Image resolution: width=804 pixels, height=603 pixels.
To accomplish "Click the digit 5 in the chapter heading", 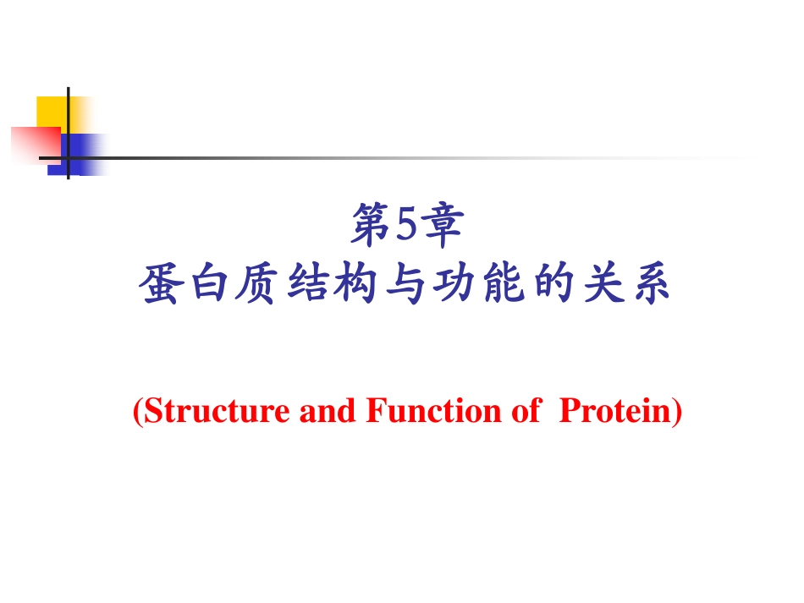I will point(403,226).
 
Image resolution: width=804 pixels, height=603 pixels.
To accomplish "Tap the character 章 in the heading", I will point(441,226).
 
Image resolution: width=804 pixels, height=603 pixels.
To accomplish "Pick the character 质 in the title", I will point(257,284).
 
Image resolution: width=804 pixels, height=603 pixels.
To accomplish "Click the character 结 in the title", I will point(305,284).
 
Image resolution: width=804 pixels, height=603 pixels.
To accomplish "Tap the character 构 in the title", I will point(354,284).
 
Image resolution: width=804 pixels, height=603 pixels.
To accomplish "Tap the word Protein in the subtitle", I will point(618,412).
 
